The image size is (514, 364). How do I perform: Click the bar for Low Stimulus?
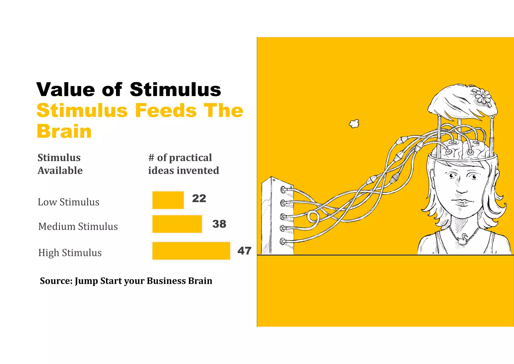pyautogui.click(x=168, y=200)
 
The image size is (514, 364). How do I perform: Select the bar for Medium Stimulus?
pyautogui.click(x=177, y=224)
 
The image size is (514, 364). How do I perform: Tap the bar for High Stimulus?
pyautogui.click(x=191, y=251)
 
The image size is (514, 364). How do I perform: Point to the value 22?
pyautogui.click(x=199, y=198)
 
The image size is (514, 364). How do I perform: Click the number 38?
pyautogui.click(x=219, y=224)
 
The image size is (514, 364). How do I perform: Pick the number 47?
pyautogui.click(x=244, y=251)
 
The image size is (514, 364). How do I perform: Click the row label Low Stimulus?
pyautogui.click(x=69, y=202)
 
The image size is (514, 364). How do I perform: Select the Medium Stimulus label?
pyautogui.click(x=78, y=226)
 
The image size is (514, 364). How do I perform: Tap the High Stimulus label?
pyautogui.click(x=70, y=253)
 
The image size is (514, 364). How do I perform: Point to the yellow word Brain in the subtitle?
pyautogui.click(x=64, y=131)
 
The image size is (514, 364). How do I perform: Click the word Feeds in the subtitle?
pyautogui.click(x=166, y=110)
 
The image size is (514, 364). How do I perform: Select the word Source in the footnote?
pyautogui.click(x=56, y=281)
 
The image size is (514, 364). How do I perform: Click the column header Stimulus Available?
pyautogui.click(x=60, y=164)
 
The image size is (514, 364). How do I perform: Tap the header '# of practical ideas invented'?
pyautogui.click(x=183, y=164)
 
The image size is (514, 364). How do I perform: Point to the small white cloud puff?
pyautogui.click(x=354, y=123)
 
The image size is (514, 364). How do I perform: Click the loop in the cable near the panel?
pyautogui.click(x=313, y=216)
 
